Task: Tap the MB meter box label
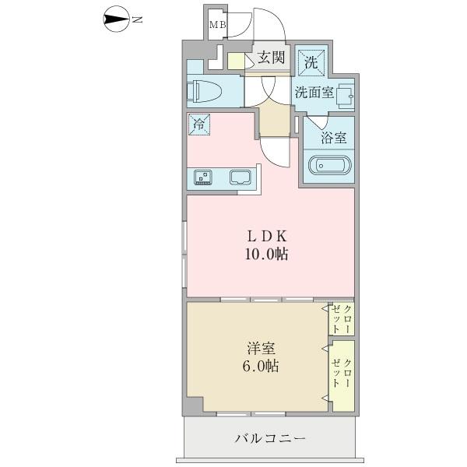(x=216, y=26)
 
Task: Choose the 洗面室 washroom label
(x=314, y=92)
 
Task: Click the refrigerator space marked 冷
(x=198, y=125)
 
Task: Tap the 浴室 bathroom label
(x=335, y=138)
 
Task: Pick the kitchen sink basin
(x=240, y=177)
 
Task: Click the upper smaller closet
(x=341, y=319)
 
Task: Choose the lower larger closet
(x=342, y=374)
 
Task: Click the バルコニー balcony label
(x=269, y=440)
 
